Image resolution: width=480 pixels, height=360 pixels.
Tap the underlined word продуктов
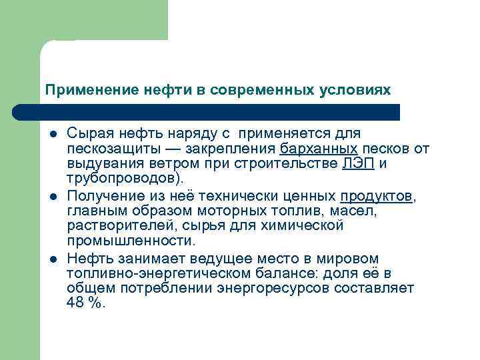[376, 196]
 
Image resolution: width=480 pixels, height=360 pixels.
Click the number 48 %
[86, 303]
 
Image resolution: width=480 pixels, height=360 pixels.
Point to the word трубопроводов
[119, 179]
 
